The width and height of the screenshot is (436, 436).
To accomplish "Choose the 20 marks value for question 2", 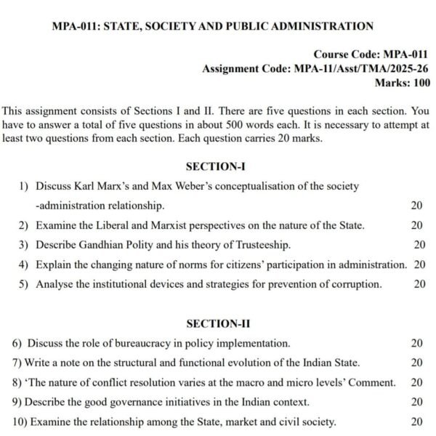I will [417, 225].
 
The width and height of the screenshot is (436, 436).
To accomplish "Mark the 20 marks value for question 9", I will [417, 402].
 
